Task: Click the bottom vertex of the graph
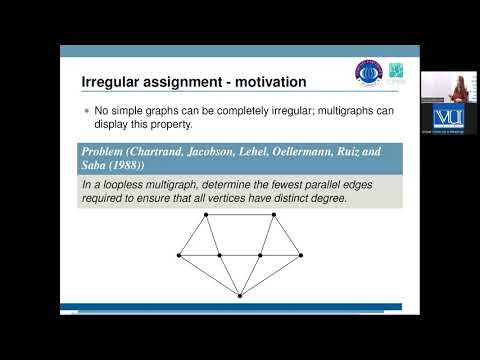[240, 295]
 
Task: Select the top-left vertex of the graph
[206, 214]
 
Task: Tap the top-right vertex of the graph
[275, 214]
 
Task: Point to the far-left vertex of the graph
[179, 256]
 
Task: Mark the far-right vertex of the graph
[302, 256]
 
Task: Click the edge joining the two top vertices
[240, 214]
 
